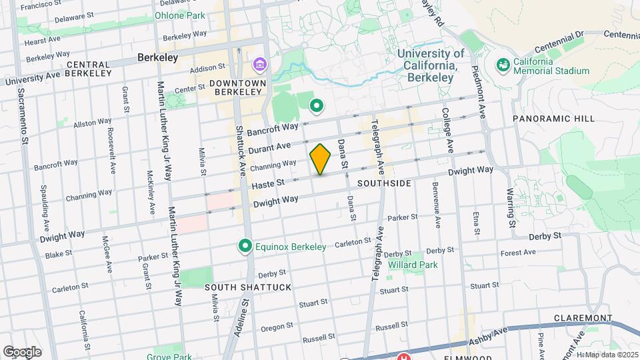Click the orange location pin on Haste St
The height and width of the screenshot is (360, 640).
[x=321, y=159]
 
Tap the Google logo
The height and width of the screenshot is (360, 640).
[x=22, y=351]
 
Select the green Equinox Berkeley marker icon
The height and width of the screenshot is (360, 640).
[x=245, y=247]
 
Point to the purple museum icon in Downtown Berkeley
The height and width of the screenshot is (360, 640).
[x=258, y=65]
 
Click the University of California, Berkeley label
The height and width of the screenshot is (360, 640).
[x=431, y=65]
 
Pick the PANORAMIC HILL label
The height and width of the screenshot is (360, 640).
[x=553, y=119]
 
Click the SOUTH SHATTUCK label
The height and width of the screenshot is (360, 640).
[x=248, y=287]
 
